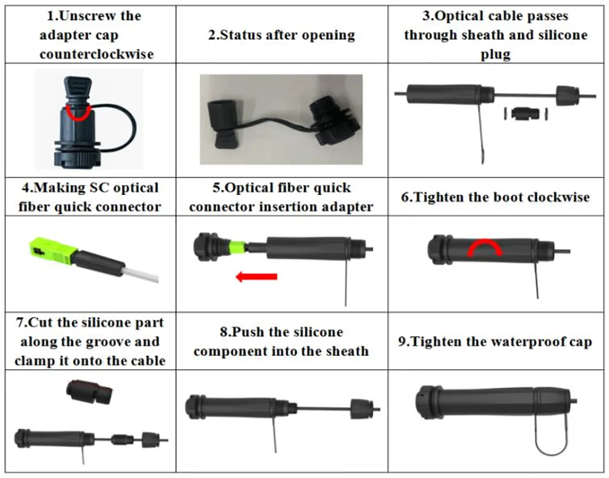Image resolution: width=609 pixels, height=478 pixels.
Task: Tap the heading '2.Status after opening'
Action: tap(282, 35)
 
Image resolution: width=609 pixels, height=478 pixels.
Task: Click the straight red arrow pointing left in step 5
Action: tap(256, 276)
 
